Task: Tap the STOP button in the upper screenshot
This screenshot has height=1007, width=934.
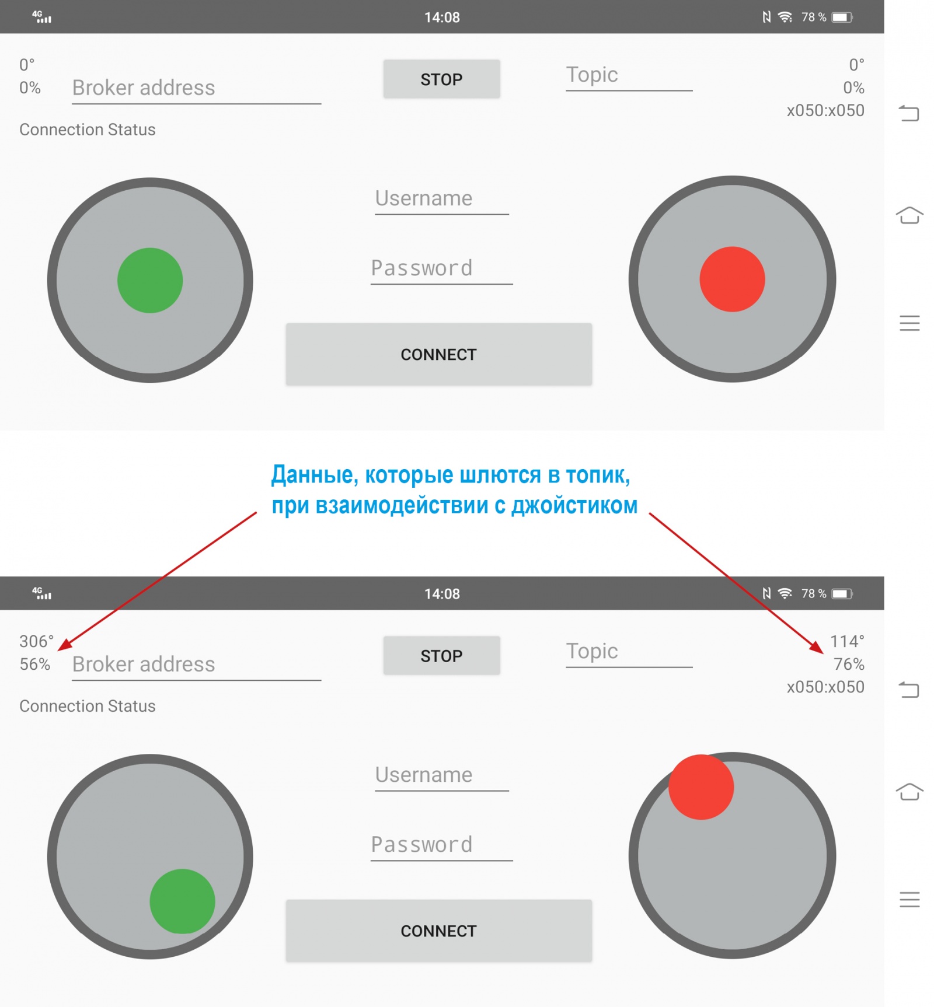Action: tap(441, 79)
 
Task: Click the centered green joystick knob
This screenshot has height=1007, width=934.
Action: tap(150, 281)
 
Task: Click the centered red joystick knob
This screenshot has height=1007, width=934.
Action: tap(732, 279)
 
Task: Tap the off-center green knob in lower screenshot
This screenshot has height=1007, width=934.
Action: tap(183, 901)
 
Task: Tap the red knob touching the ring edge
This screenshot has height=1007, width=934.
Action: tap(701, 787)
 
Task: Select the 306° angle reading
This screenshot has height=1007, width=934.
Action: tap(36, 641)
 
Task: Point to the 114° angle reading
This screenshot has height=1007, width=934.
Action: tap(847, 641)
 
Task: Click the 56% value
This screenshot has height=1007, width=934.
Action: tap(35, 664)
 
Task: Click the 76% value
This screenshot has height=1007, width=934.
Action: tap(849, 664)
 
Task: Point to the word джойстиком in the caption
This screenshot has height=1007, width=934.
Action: tap(574, 505)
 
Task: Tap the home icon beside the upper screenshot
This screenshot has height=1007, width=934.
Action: tap(909, 215)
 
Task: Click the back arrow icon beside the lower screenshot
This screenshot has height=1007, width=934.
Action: tap(909, 690)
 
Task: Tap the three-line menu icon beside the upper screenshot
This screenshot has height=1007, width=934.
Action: tap(909, 323)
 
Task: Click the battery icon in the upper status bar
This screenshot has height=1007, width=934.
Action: tap(842, 18)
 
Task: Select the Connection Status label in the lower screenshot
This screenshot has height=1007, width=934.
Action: tap(88, 706)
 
